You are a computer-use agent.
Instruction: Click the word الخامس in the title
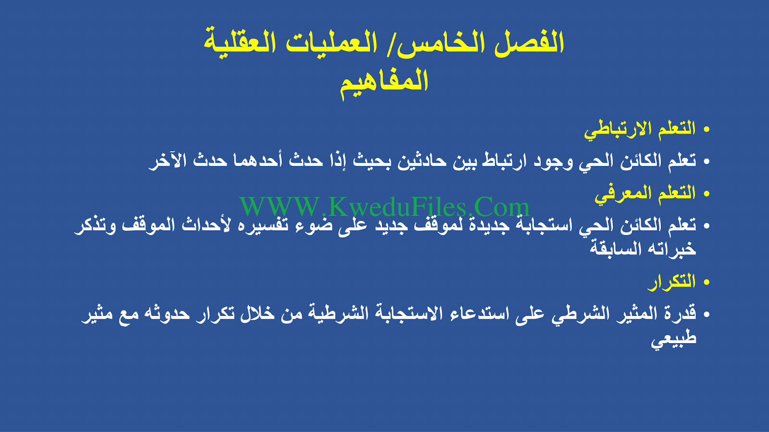point(443,43)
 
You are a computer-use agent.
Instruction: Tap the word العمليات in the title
point(331,43)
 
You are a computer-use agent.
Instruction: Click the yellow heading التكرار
point(671,282)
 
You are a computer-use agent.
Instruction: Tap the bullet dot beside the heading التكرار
point(706,283)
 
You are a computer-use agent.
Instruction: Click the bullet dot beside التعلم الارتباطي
point(706,130)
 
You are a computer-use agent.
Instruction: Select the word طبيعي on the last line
point(673,338)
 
